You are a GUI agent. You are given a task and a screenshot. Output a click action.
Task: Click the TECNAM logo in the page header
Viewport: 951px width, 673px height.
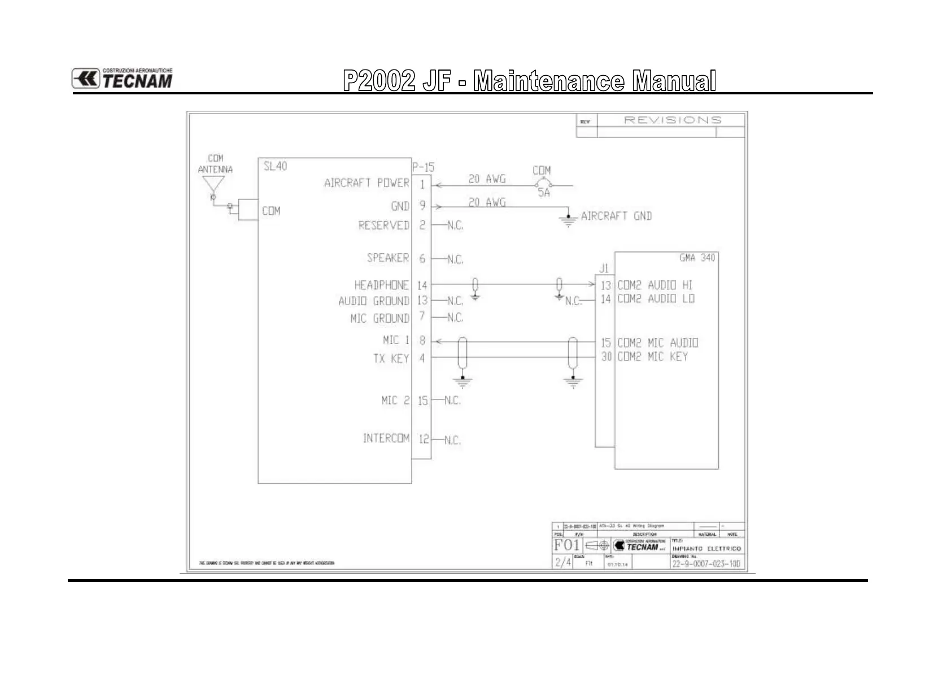click(122, 79)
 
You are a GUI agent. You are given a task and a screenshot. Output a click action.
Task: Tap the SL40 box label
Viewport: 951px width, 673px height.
click(275, 166)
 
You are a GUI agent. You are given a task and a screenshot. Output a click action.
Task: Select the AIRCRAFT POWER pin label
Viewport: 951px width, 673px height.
click(367, 183)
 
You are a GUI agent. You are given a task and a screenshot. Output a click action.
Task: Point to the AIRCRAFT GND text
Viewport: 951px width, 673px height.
click(616, 216)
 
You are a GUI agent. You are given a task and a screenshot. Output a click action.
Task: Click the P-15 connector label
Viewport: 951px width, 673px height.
click(423, 167)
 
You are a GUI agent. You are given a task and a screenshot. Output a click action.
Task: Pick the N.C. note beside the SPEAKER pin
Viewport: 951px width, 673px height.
click(455, 260)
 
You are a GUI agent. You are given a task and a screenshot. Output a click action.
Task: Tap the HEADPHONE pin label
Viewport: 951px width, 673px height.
click(381, 285)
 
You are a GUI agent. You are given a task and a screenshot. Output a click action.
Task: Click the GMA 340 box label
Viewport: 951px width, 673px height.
click(697, 258)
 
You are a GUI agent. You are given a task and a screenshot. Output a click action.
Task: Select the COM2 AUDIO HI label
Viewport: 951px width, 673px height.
click(655, 285)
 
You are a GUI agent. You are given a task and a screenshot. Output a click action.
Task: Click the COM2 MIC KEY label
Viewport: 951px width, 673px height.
click(652, 357)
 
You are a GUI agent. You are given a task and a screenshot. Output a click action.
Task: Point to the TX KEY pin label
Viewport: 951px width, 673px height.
click(391, 358)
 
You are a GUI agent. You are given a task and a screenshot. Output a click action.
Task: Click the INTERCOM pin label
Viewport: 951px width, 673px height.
click(386, 438)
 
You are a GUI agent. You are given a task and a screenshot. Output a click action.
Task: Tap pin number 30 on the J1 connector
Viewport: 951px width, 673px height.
click(606, 357)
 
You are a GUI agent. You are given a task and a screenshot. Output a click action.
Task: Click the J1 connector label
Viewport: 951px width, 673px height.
click(604, 269)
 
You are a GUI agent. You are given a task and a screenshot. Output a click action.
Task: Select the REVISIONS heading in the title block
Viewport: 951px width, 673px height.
click(672, 120)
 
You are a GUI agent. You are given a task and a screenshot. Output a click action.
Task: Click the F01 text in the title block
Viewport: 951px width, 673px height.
click(566, 545)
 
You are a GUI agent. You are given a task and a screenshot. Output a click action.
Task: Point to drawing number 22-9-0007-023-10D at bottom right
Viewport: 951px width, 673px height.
click(706, 563)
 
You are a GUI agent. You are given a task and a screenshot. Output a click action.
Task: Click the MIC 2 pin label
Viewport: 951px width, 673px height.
click(395, 401)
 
